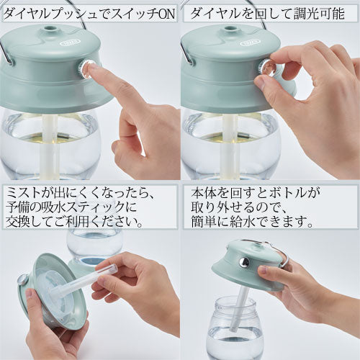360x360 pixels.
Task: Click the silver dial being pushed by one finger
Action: point(84,69)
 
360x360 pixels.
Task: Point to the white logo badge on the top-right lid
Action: point(249,43)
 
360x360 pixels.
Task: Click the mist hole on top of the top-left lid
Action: point(52,30)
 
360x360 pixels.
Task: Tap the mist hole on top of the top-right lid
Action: point(232,30)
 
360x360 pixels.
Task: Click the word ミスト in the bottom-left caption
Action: point(24,193)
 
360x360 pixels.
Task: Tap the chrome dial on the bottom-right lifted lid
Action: point(245,262)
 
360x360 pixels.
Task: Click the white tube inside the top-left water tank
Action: point(50,146)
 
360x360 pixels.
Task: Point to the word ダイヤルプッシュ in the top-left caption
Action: point(50,14)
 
